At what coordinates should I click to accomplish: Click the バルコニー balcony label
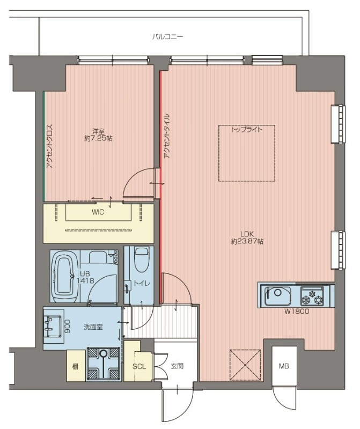point(167,36)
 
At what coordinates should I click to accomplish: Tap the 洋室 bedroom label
point(98,131)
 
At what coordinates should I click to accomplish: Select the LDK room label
point(247,234)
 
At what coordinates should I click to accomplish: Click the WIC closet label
point(98,212)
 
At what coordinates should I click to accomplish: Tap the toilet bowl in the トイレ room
point(142,259)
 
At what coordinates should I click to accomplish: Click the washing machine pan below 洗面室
point(103,364)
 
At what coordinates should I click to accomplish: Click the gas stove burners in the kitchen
point(312,296)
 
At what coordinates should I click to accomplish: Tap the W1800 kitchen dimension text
point(297,311)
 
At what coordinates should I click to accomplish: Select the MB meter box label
point(284,366)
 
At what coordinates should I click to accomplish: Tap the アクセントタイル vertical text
point(167,136)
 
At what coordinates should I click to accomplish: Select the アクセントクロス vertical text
point(49,146)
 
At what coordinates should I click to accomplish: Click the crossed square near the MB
point(245,365)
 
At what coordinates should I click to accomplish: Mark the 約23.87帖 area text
point(247,242)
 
